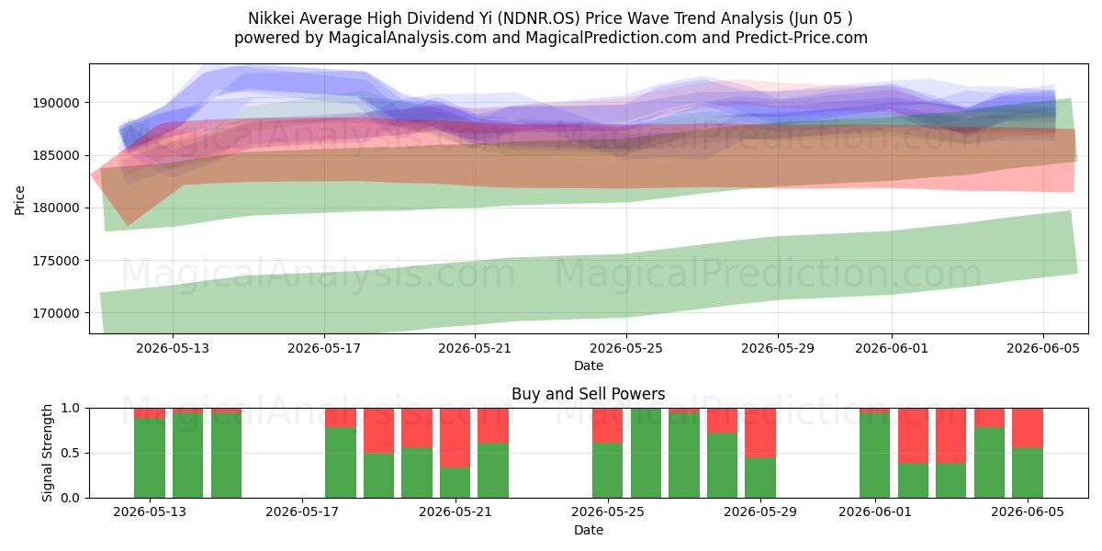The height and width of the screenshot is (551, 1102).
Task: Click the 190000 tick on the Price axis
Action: (x=56, y=103)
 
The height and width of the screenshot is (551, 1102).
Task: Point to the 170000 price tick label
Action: (x=56, y=313)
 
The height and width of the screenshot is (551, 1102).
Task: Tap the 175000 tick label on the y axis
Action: (x=56, y=261)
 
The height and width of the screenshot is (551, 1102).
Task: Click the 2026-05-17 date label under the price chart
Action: (x=324, y=348)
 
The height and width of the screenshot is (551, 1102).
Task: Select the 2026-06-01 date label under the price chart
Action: (x=892, y=348)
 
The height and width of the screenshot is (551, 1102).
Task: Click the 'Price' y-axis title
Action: (x=19, y=200)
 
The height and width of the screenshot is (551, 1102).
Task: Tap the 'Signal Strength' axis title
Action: (x=47, y=453)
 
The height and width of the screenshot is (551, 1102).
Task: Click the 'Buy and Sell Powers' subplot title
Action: (x=589, y=394)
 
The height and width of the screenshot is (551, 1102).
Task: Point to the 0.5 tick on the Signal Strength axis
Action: (x=70, y=453)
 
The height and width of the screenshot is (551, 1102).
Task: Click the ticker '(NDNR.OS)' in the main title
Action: (x=539, y=18)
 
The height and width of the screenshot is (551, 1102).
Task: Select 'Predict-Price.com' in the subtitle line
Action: (x=802, y=38)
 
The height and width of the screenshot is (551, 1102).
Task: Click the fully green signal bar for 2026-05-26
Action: (x=646, y=453)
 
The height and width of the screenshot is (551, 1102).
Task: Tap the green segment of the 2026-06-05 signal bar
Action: (x=1028, y=473)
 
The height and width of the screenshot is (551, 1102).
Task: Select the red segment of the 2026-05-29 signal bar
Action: (x=760, y=433)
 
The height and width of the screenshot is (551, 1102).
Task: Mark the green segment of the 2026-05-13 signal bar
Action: (x=150, y=458)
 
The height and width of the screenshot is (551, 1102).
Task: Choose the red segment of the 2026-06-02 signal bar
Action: (x=913, y=436)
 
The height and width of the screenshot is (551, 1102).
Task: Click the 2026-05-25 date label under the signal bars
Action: (x=608, y=512)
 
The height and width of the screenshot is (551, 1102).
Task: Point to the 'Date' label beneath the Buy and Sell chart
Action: (x=589, y=530)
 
